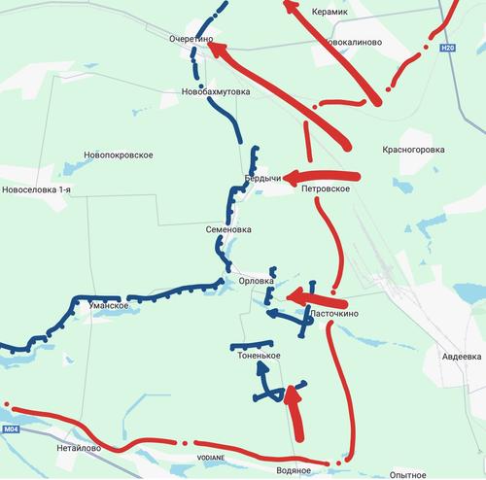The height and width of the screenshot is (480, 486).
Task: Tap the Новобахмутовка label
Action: point(216,92)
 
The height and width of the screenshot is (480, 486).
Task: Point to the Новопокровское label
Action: point(120,155)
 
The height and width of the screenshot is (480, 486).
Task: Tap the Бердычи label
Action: point(262,180)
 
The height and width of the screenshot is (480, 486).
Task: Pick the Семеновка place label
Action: point(229,230)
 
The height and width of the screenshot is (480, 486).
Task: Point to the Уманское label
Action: point(109,306)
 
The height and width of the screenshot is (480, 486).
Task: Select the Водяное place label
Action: point(295,470)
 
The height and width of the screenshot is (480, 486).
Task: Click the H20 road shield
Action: point(447,47)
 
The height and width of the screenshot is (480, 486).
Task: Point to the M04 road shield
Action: point(11,429)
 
